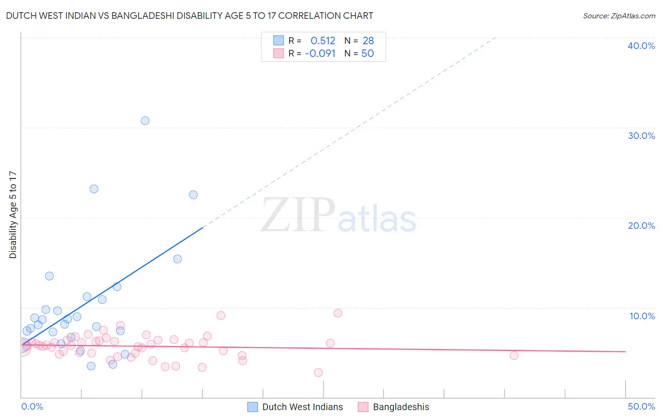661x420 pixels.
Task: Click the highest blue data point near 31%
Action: pyautogui.click(x=145, y=121)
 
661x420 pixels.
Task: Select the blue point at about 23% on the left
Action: pyautogui.click(x=94, y=189)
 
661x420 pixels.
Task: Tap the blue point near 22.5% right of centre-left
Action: pyautogui.click(x=193, y=195)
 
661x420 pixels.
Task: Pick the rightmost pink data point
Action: pyautogui.click(x=514, y=355)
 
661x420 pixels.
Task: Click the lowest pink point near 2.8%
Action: pyautogui.click(x=318, y=372)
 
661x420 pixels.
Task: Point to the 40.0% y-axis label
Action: pyautogui.click(x=641, y=46)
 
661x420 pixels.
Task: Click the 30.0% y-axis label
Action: pyautogui.click(x=641, y=136)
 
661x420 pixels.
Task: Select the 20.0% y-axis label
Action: pyautogui.click(x=641, y=226)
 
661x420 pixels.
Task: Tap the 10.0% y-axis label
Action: pyautogui.click(x=642, y=316)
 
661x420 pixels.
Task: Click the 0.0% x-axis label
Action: pyautogui.click(x=32, y=406)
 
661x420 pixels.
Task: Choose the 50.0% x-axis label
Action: pyautogui.click(x=641, y=406)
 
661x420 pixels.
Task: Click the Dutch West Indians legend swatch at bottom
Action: pyautogui.click(x=252, y=407)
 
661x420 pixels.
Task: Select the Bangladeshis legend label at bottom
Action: pyautogui.click(x=401, y=407)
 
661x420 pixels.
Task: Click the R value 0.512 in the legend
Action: pyautogui.click(x=323, y=41)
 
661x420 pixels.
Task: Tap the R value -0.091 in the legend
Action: pyautogui.click(x=320, y=54)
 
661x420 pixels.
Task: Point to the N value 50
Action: pyautogui.click(x=368, y=54)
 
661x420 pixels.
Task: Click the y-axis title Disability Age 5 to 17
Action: pyautogui.click(x=13, y=215)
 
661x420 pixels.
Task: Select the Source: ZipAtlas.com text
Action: pyautogui.click(x=619, y=16)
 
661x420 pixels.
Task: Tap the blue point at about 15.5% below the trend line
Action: pyautogui.click(x=177, y=259)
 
